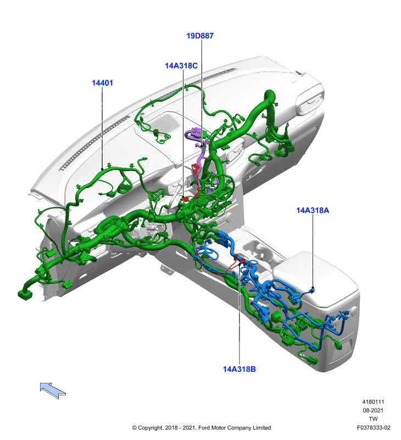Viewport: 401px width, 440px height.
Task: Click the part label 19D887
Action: [200, 36]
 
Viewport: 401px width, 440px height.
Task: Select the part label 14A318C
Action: [181, 65]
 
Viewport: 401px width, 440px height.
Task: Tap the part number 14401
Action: [102, 83]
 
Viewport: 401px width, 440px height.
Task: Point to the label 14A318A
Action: [313, 210]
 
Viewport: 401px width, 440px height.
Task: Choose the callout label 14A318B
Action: [240, 369]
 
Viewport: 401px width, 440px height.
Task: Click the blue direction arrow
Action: [53, 390]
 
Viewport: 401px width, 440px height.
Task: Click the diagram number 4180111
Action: [373, 402]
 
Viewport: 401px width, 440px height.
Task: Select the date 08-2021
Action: [373, 410]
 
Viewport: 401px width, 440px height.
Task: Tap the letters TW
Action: [373, 419]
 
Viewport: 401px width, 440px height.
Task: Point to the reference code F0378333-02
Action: [373, 427]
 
